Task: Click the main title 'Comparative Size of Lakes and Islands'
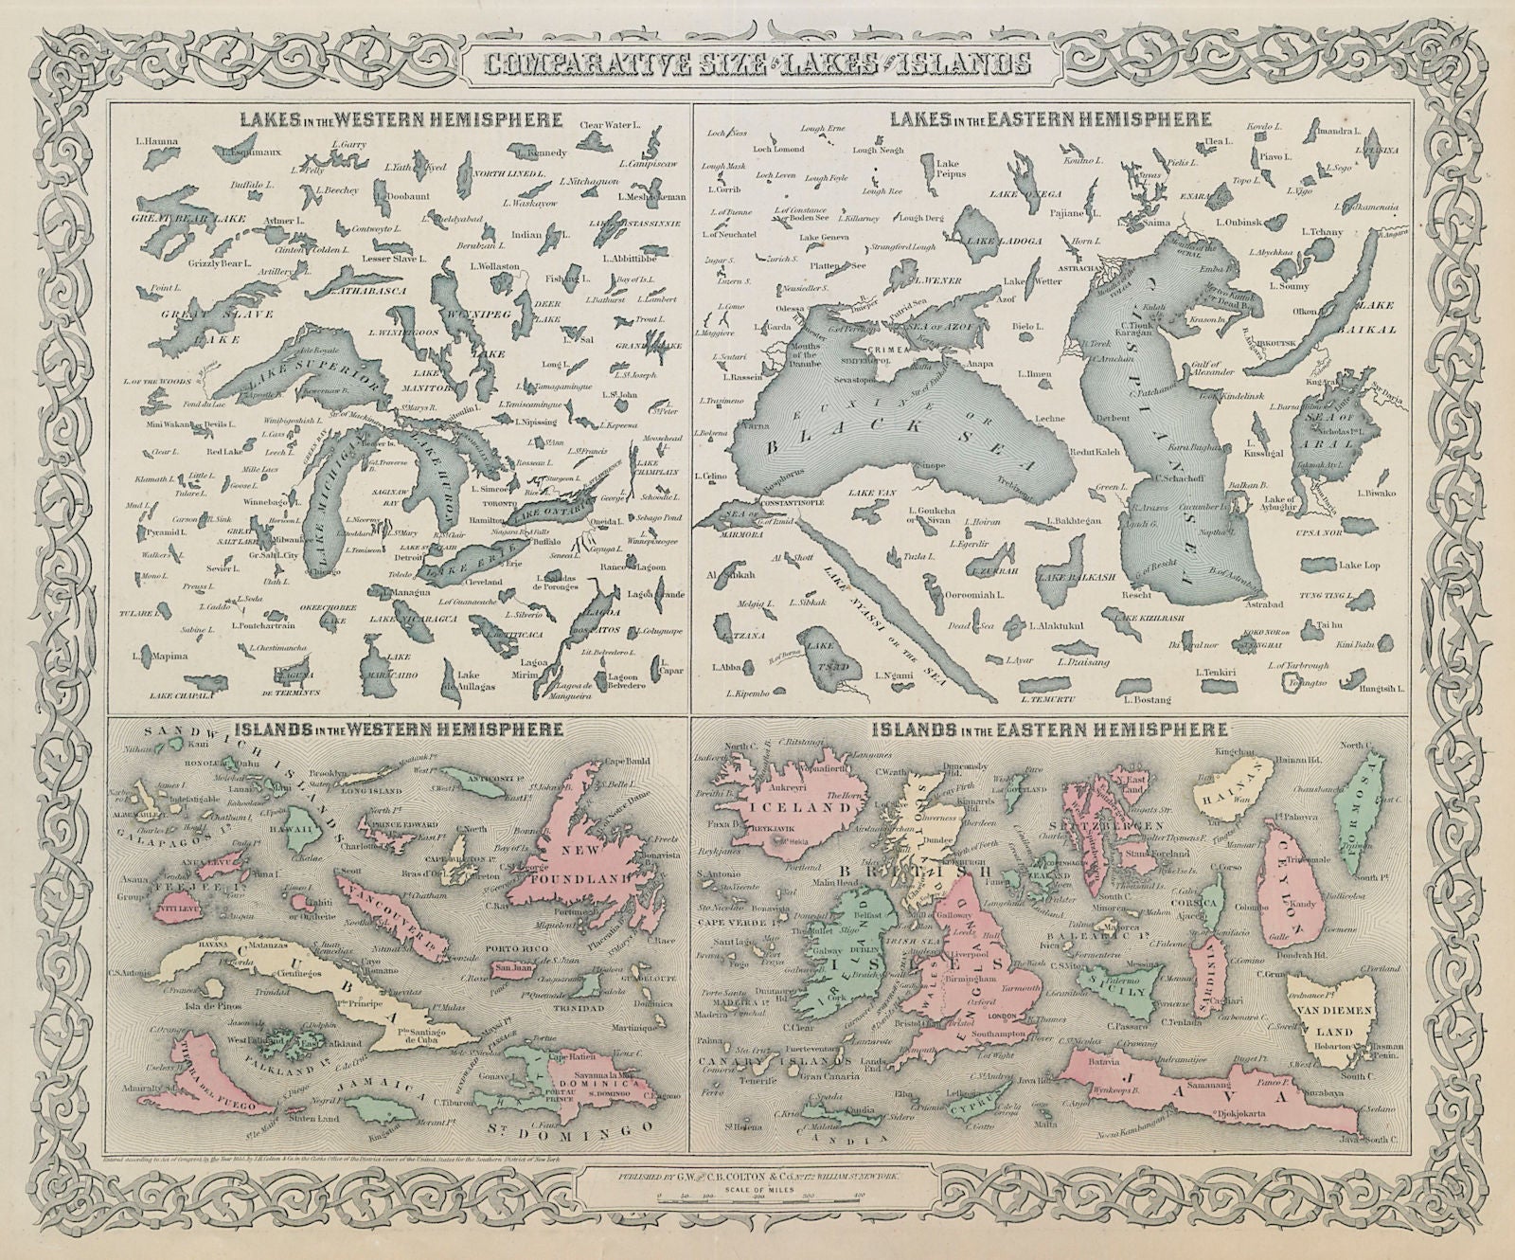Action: pyautogui.click(x=755, y=64)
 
